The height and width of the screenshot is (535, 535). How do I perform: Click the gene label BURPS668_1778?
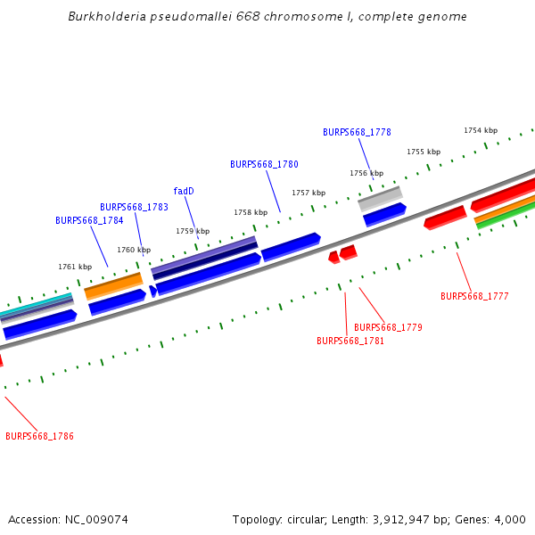pyautogui.click(x=357, y=132)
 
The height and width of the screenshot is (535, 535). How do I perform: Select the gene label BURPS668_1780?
pyautogui.click(x=264, y=164)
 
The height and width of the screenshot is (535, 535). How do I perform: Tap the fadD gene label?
pyautogui.click(x=184, y=191)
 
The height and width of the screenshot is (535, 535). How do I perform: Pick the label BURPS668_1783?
pyautogui.click(x=134, y=207)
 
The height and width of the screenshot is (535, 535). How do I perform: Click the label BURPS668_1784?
pyautogui.click(x=89, y=220)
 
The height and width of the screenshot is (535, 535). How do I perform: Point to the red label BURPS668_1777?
pyautogui.click(x=474, y=296)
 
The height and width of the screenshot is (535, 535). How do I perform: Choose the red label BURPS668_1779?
pyautogui.click(x=388, y=327)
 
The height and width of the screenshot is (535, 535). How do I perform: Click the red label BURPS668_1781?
pyautogui.click(x=350, y=341)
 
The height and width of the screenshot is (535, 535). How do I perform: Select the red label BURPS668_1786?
pyautogui.click(x=39, y=436)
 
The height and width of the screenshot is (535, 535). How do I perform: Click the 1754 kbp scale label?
pyautogui.click(x=481, y=130)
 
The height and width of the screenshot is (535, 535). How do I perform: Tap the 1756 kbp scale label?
pyautogui.click(x=366, y=173)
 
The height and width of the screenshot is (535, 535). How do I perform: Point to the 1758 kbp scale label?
pyautogui.click(x=251, y=212)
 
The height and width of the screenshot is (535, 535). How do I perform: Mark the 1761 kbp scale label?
pyautogui.click(x=75, y=267)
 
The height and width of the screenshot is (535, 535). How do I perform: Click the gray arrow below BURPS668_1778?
pyautogui.click(x=380, y=197)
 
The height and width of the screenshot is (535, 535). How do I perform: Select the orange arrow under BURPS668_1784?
pyautogui.click(x=113, y=285)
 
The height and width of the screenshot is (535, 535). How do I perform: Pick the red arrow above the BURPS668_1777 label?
pyautogui.click(x=445, y=217)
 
